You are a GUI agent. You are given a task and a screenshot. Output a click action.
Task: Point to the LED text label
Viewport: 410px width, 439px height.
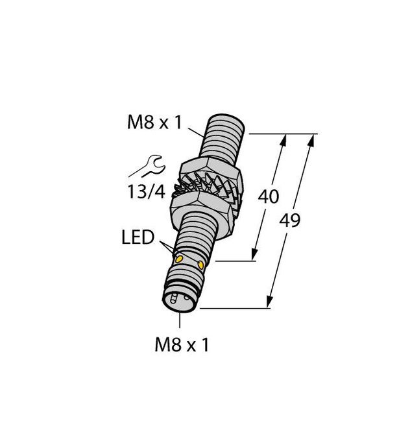[x=138, y=238]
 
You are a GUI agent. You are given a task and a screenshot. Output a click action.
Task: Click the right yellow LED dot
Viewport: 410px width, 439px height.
[x=201, y=265]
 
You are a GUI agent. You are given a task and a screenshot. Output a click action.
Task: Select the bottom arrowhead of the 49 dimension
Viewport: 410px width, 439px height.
[x=269, y=303]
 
